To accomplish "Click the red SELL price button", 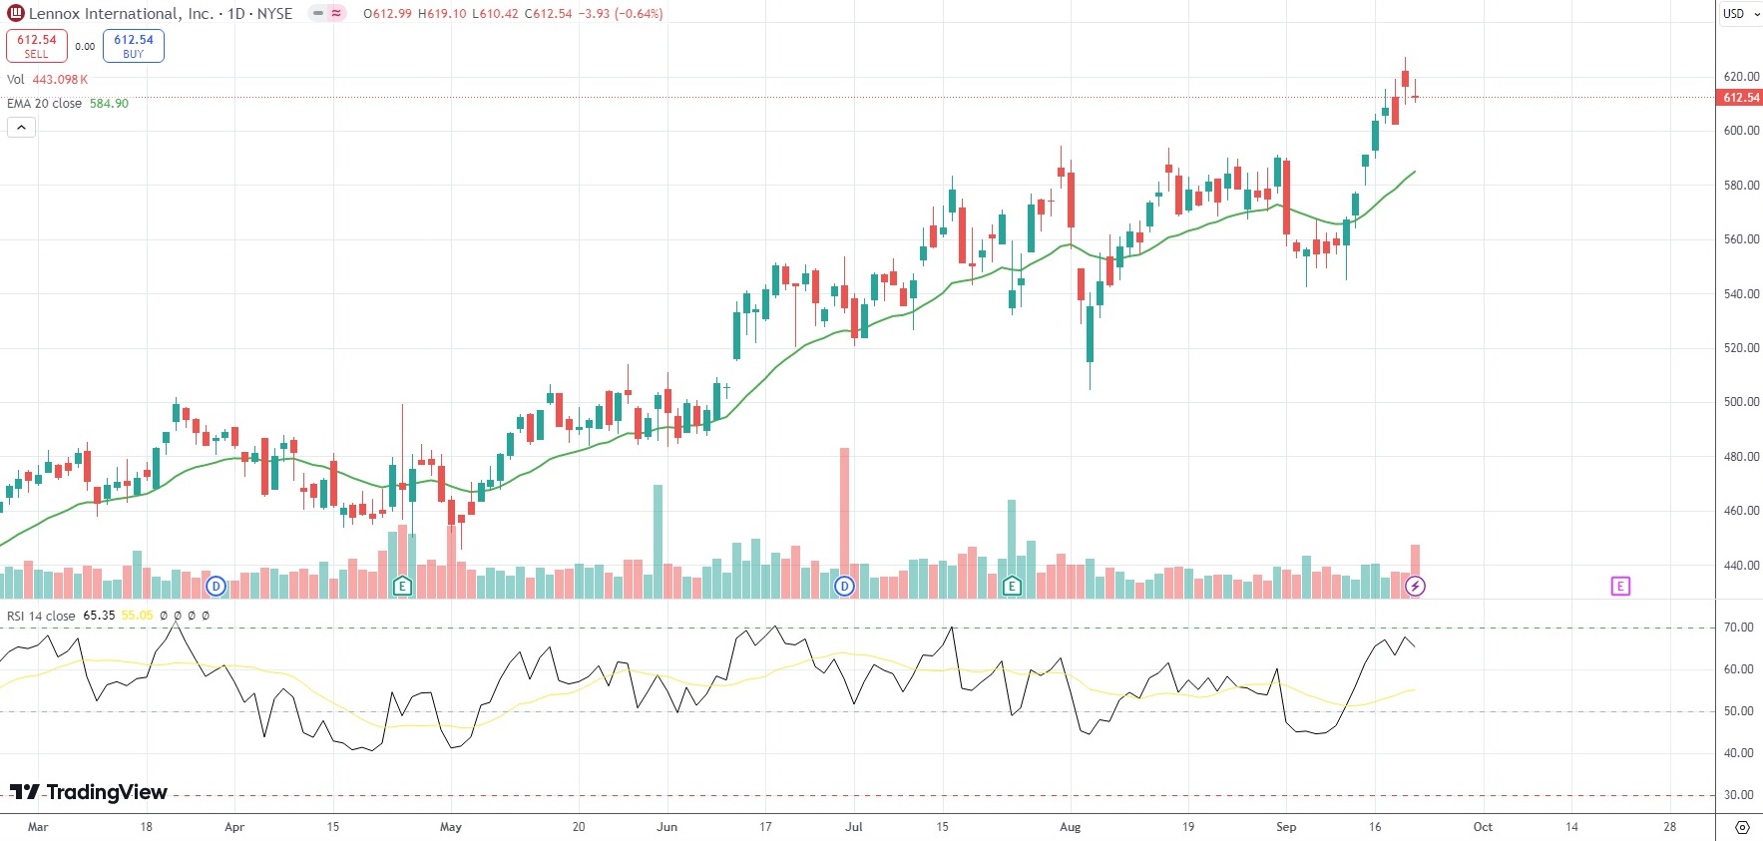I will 37,46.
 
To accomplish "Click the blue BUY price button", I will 134,46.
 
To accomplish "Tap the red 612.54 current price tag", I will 1740,98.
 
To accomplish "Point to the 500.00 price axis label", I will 1741,402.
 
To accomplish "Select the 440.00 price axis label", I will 1741,566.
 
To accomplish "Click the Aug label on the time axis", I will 1070,827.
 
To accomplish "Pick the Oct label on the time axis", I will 1483,827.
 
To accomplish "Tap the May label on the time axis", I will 451,827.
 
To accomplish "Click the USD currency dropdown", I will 1740,14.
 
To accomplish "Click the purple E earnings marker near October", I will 1620,587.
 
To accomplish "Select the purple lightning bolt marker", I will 1415,587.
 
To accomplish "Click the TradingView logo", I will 89,792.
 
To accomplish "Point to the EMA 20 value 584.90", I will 109,104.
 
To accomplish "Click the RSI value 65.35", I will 99,616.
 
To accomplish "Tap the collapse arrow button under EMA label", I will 21,128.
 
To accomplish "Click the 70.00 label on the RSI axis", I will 1738,628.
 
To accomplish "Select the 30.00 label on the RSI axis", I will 1738,795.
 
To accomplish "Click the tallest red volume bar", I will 845,519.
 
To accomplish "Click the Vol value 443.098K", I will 60,80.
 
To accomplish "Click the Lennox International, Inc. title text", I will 121,14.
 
